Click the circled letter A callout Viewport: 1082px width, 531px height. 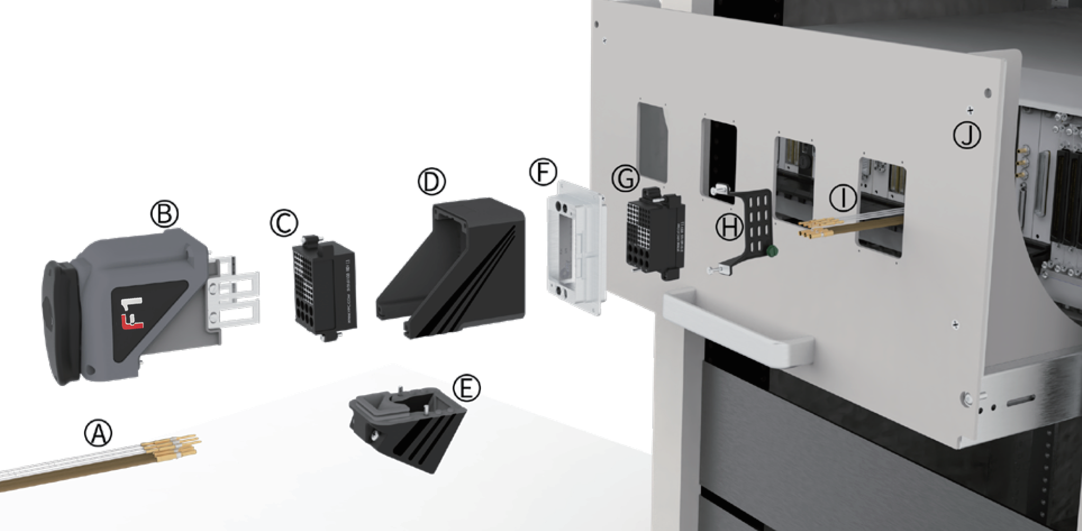98,433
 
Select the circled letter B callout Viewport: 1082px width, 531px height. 165,214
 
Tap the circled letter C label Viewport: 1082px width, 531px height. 284,223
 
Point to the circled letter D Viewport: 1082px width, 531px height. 432,182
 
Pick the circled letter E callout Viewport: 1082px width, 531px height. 466,388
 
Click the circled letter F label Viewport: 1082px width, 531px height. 542,172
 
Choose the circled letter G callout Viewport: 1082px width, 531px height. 625,178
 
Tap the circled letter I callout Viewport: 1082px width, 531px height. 842,198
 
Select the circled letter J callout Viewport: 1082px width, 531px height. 967,135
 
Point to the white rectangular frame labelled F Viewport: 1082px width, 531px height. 575,248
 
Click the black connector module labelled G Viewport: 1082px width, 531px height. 655,235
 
